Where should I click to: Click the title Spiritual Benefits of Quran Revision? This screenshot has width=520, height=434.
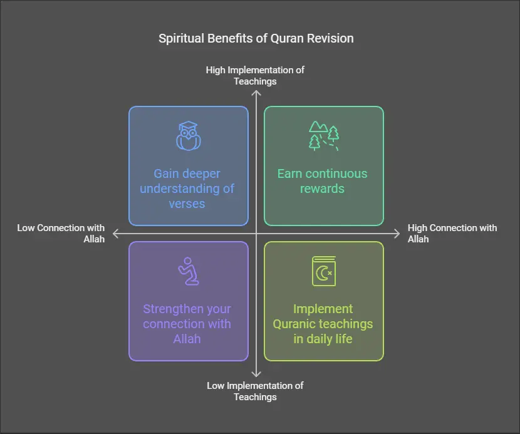point(256,38)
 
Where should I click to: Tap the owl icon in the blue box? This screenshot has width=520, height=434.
point(189,137)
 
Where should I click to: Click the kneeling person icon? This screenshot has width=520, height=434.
point(188,271)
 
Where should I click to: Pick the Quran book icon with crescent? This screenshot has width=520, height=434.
point(323,271)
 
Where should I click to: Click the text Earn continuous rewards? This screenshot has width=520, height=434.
point(323,181)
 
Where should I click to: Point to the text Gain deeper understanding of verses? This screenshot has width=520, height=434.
point(187,189)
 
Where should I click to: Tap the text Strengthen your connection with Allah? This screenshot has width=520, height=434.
point(187,324)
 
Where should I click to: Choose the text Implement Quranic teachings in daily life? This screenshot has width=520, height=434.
point(323,324)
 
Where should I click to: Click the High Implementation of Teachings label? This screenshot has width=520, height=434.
point(255,75)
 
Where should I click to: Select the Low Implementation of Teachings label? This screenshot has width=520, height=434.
point(255,391)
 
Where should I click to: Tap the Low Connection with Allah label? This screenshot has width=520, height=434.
point(61,233)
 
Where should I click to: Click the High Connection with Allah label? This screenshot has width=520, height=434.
point(452,233)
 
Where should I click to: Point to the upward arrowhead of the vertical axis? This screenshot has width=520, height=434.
point(256,93)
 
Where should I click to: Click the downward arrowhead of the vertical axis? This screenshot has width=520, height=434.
point(256,375)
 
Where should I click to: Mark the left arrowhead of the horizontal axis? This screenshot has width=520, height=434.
point(114,234)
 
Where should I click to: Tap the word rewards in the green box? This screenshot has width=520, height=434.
point(323,189)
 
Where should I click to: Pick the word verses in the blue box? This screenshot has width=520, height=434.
point(187,204)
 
